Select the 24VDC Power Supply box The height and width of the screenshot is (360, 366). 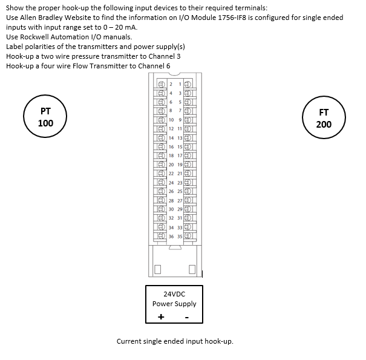point(174,303)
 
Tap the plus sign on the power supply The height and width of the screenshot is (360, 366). point(161,317)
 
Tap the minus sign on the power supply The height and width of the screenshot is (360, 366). point(186,317)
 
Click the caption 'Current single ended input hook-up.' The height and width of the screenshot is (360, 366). point(175,341)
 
